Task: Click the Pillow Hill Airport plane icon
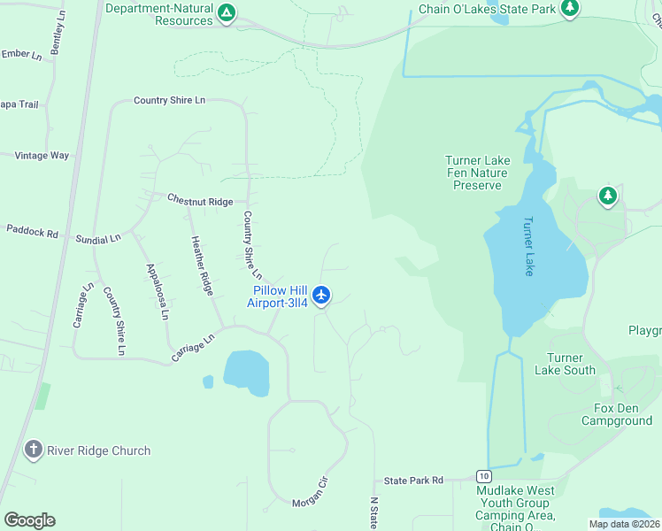point(322,294)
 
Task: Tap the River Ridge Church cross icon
point(34,450)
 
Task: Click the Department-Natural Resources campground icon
point(227,12)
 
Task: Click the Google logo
point(29,519)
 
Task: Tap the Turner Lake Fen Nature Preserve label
point(477,173)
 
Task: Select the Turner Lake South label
point(565,364)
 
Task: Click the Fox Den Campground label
point(617,414)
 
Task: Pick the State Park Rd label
point(413,481)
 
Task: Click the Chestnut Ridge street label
point(200,201)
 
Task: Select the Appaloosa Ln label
point(158,290)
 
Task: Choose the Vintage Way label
point(42,155)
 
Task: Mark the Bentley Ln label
point(58,35)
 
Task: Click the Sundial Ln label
point(98,239)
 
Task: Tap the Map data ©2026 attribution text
point(624,524)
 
